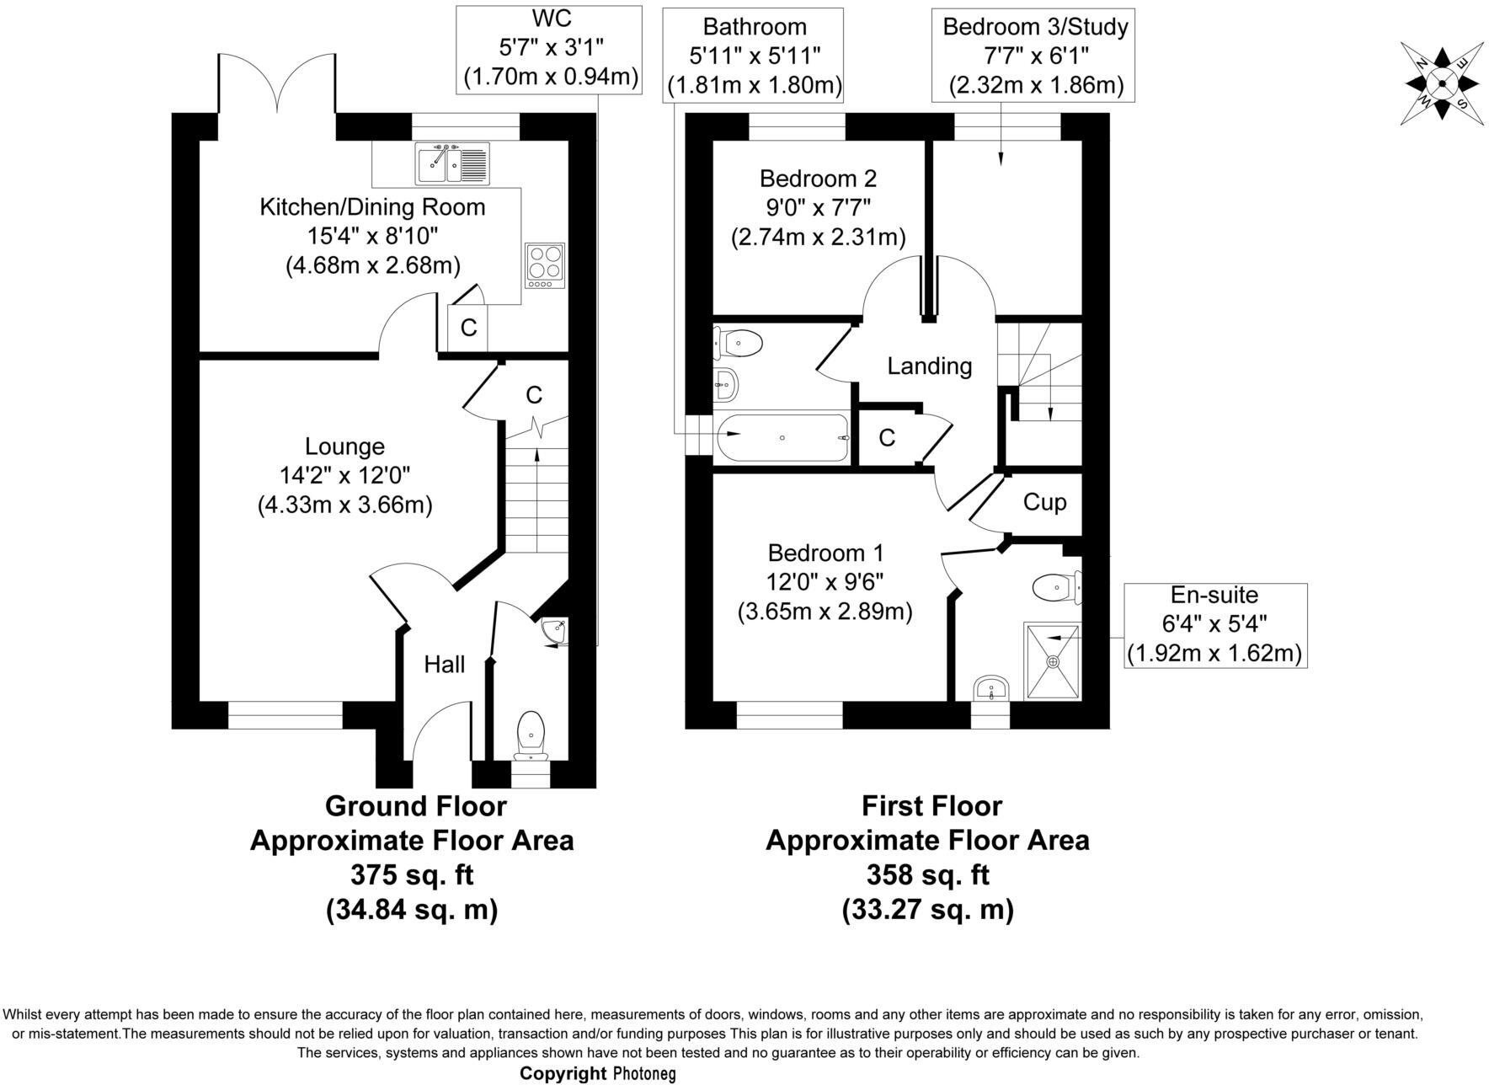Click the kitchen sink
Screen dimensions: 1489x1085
pos(451,163)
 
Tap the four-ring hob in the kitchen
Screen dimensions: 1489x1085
pos(544,265)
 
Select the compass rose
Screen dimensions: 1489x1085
pos(1442,83)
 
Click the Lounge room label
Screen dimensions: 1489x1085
pos(344,446)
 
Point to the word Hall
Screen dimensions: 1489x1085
pos(444,665)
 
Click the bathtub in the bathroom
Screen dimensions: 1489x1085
pos(782,436)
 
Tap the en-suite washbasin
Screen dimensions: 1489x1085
pos(991,688)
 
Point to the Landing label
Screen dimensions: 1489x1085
pos(929,366)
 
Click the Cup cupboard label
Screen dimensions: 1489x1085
pos(1044,502)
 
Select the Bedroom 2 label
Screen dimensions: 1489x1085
pos(818,179)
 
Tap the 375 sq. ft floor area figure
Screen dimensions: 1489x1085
pos(412,875)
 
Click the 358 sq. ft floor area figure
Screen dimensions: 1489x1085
pos(927,875)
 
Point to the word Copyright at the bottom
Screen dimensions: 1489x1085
pos(563,1073)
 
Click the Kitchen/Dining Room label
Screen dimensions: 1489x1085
pos(372,207)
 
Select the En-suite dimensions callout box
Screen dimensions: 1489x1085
pos(1215,625)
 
